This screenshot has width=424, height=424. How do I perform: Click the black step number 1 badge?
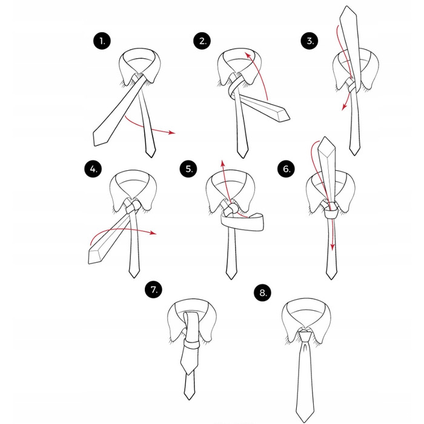click(x=102, y=41)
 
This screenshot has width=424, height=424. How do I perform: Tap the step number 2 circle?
click(x=202, y=41)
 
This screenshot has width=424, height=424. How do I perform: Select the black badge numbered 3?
click(x=310, y=41)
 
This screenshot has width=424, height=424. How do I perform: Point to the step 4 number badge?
click(x=93, y=169)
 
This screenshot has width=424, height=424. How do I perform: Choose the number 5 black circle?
click(x=188, y=169)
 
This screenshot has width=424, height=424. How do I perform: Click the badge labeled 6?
click(x=286, y=169)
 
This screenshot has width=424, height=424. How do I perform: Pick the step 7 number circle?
click(x=154, y=290)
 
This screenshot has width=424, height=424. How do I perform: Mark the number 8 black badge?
click(x=262, y=293)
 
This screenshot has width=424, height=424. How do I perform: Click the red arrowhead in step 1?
click(x=171, y=133)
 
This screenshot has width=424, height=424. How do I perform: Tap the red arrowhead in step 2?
click(x=247, y=56)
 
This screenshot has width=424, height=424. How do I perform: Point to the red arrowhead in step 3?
click(x=344, y=107)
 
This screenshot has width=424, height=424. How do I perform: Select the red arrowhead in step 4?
click(x=153, y=233)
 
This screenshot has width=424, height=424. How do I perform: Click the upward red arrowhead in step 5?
click(x=222, y=164)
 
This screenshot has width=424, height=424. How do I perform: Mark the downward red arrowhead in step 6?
click(x=333, y=247)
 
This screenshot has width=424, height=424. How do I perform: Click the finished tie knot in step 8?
click(x=305, y=336)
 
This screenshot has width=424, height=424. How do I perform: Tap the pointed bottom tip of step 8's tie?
click(x=305, y=421)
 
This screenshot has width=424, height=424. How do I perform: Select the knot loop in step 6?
click(x=330, y=210)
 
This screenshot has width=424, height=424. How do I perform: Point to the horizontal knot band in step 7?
click(x=192, y=345)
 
